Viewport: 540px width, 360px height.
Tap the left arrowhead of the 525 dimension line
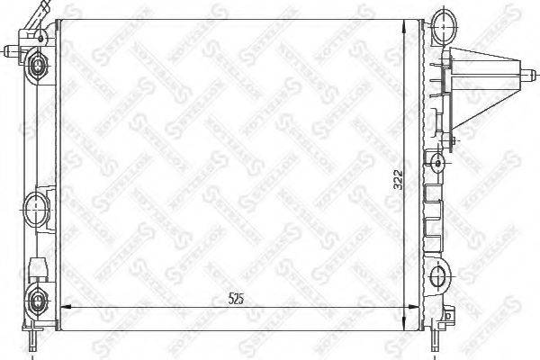point(61,309)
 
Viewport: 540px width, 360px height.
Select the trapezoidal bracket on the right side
point(487,85)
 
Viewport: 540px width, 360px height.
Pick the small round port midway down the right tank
point(437,163)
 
